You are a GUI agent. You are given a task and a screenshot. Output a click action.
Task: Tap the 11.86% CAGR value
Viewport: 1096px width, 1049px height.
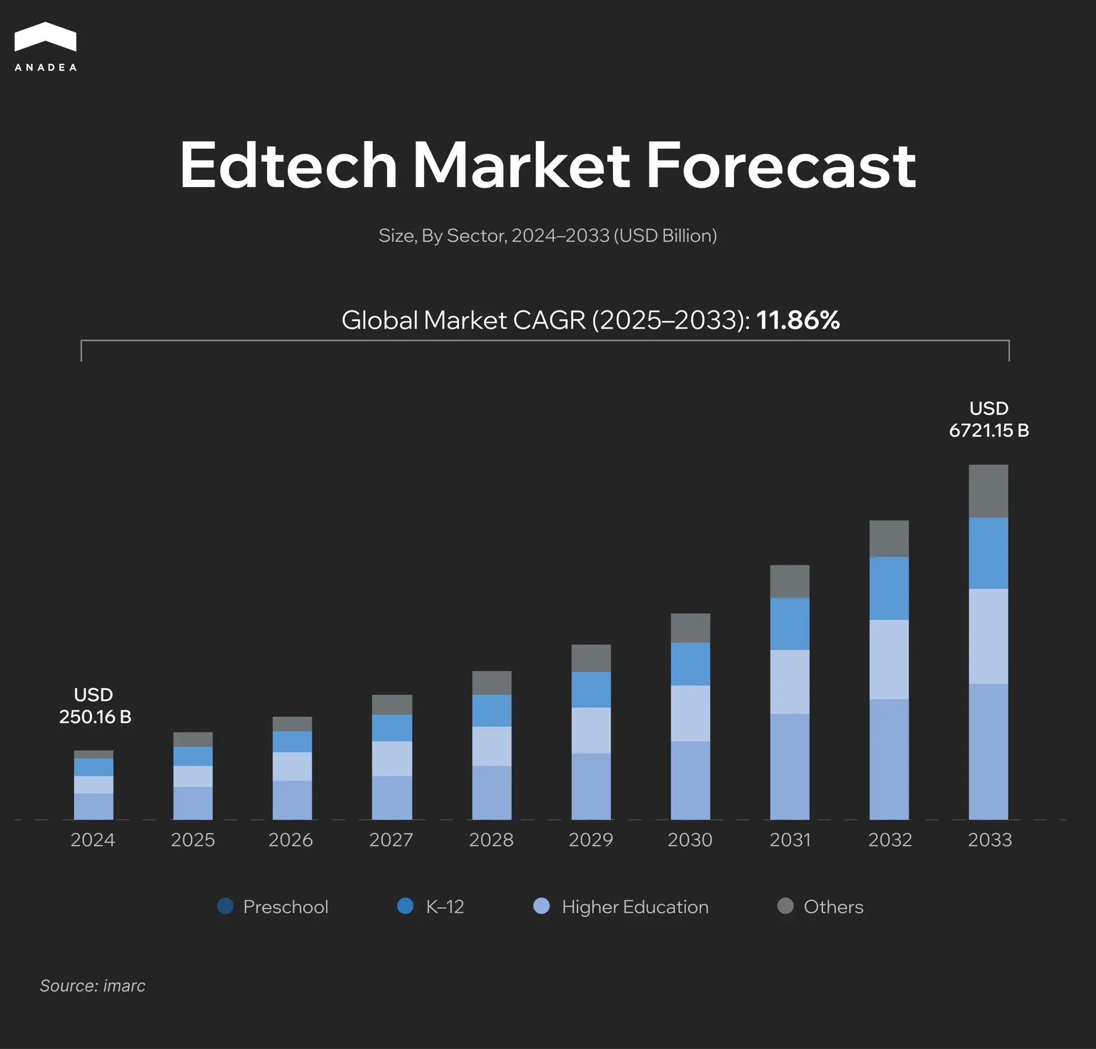[797, 320]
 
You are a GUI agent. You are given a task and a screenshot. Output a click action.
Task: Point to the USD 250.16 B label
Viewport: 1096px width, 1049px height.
[95, 705]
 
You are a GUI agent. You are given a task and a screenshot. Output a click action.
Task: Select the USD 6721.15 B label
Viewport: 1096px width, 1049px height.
[989, 419]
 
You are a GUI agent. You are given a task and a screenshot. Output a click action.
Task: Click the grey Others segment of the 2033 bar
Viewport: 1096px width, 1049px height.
[988, 491]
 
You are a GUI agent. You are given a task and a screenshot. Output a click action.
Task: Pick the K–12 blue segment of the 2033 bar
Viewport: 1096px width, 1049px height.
[988, 552]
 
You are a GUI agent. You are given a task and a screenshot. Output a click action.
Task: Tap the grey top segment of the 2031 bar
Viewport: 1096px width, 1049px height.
[789, 581]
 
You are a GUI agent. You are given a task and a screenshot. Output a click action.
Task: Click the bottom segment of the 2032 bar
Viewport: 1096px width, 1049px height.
[889, 759]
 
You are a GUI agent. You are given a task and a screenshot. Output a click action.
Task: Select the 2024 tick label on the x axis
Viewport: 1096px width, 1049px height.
[92, 840]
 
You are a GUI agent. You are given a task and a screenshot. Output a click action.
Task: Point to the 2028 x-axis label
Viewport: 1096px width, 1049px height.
[491, 840]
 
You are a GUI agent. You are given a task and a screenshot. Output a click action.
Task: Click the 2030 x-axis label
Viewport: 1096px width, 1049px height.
[690, 840]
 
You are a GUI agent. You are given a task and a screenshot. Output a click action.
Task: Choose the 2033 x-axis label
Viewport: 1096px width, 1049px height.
[989, 840]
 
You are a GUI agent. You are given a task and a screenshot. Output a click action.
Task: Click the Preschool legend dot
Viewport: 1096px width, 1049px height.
[225, 906]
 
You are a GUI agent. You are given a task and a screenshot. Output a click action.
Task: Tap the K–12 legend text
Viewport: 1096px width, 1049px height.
[445, 906]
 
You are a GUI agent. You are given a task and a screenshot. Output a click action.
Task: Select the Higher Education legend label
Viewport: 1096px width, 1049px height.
[635, 906]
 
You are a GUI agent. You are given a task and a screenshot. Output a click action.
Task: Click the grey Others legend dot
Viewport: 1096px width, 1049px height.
[785, 906]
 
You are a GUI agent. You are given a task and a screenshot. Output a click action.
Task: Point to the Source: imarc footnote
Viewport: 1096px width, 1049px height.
[92, 986]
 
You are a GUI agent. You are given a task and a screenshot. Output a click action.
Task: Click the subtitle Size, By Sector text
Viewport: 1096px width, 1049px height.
[547, 235]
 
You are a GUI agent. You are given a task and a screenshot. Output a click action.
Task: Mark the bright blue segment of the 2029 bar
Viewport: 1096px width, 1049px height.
[591, 689]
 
